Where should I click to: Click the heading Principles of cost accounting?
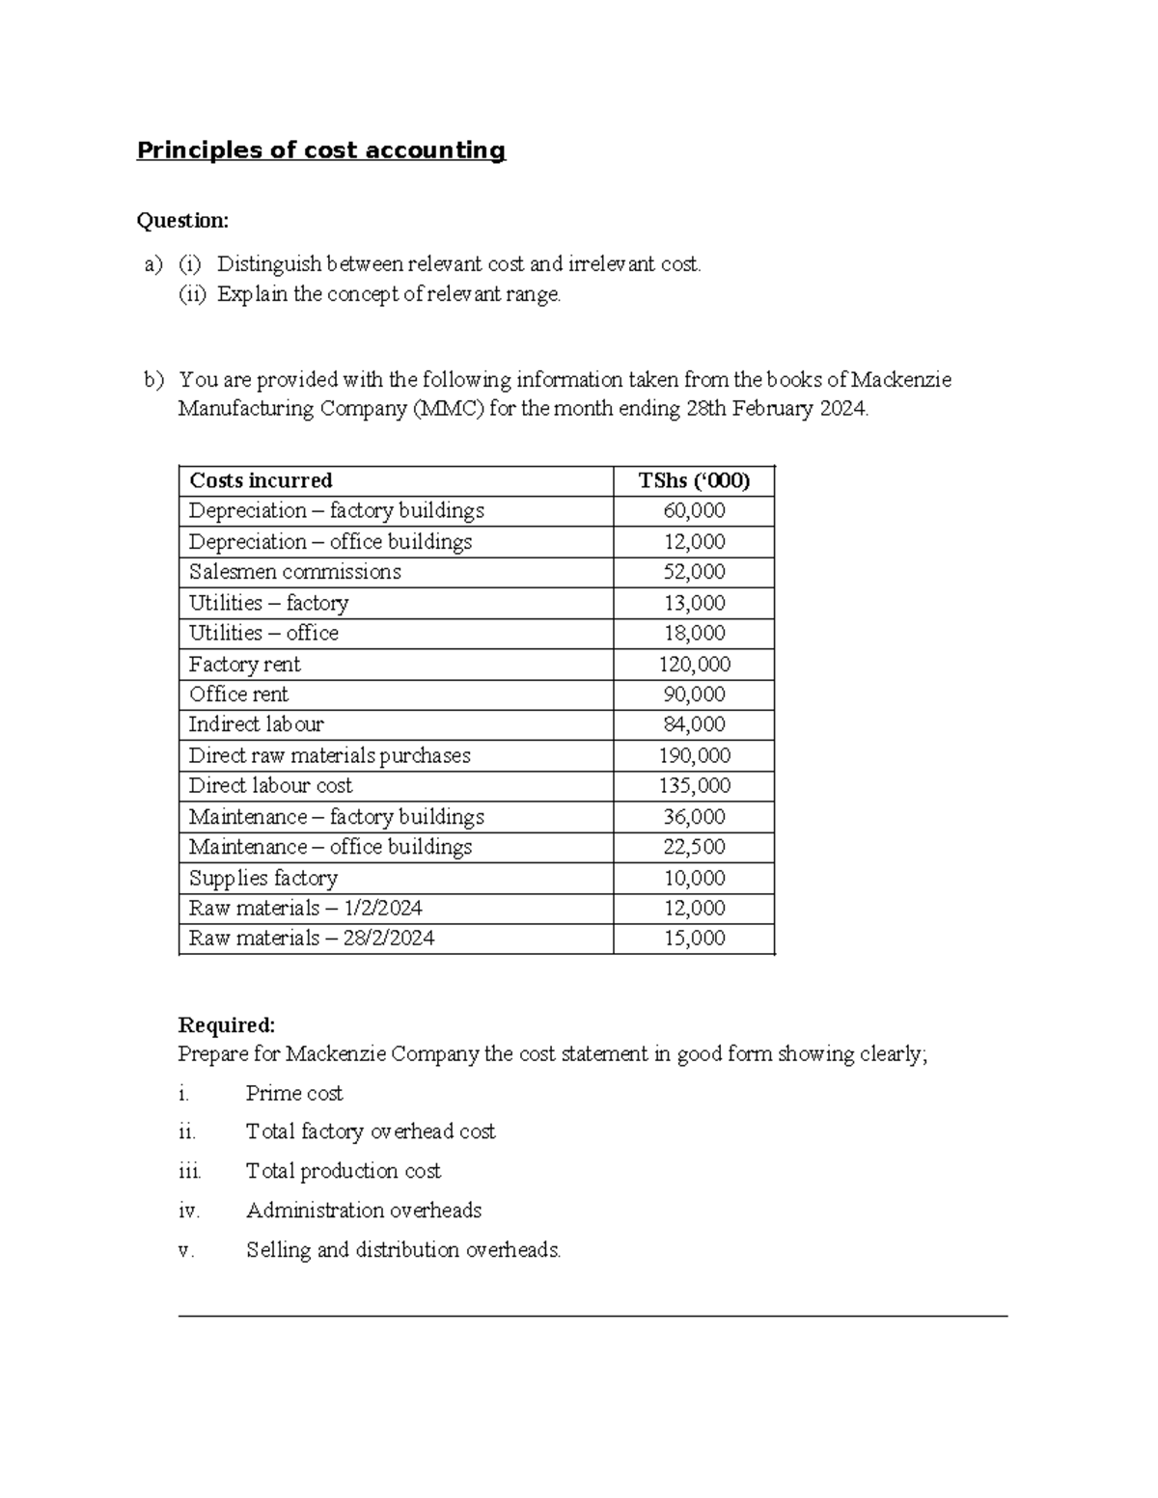(320, 150)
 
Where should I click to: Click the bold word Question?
(182, 221)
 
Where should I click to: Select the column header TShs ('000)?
(694, 481)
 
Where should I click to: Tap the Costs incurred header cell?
(261, 481)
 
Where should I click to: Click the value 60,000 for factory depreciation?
(694, 511)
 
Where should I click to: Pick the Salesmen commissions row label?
(294, 572)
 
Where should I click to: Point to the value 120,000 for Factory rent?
(694, 665)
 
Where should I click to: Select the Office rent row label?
(238, 695)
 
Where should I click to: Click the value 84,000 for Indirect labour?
(694, 724)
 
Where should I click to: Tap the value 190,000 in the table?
(694, 755)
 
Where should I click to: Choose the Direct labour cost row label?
(270, 785)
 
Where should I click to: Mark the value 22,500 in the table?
(694, 847)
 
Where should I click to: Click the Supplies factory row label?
(262, 878)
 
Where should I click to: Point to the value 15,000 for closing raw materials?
(694, 939)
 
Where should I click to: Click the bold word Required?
(227, 1024)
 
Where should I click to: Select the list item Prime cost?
(294, 1093)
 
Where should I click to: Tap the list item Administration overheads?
(363, 1210)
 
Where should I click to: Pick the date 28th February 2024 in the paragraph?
(777, 409)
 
